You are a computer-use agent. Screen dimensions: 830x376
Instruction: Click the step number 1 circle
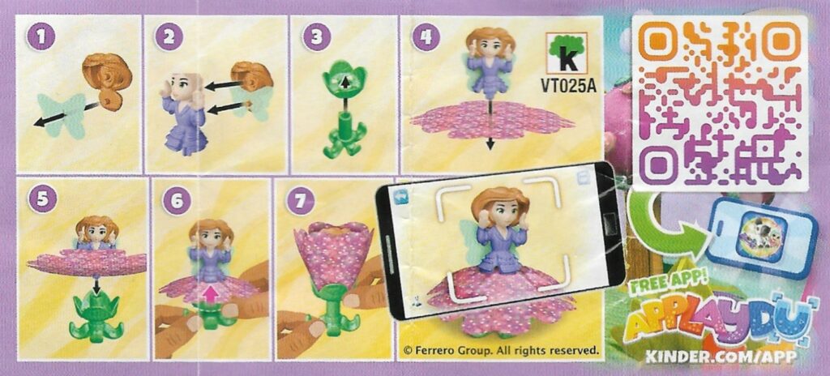[x=37, y=37]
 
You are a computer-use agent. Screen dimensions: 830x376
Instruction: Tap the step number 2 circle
[x=169, y=37]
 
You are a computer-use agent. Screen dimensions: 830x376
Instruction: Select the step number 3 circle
[x=316, y=37]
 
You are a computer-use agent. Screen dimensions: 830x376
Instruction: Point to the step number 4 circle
[x=425, y=37]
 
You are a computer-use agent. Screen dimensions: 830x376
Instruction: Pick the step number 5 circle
[x=42, y=200]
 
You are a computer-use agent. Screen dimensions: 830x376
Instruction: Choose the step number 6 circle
[x=176, y=201]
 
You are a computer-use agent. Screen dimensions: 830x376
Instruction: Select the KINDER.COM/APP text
[x=720, y=357]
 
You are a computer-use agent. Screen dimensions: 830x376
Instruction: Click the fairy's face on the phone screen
[x=500, y=215]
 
